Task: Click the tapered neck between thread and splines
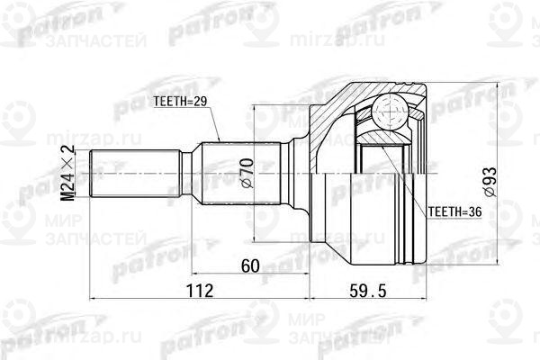coord(193,174)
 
